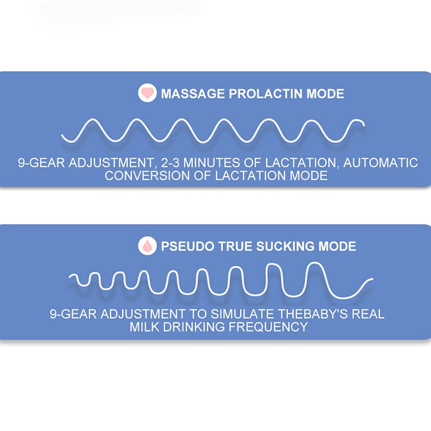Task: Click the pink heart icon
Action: [x=147, y=94]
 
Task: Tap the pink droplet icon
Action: [x=147, y=246]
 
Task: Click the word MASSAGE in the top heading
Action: [x=193, y=94]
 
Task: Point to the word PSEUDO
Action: [x=186, y=246]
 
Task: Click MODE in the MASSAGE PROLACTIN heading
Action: [x=325, y=94]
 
